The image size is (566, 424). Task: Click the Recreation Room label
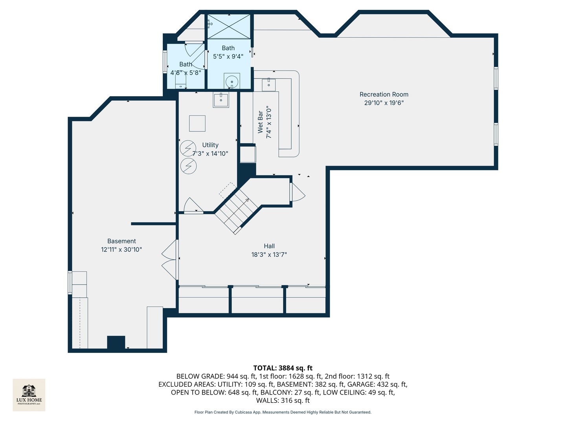(x=384, y=94)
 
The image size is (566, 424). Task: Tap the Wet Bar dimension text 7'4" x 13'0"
(x=269, y=122)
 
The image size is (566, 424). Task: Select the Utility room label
(x=210, y=145)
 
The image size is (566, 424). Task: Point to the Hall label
(x=269, y=246)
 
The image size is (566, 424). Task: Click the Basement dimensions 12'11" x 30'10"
(x=121, y=249)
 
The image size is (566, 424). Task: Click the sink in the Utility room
(x=221, y=100)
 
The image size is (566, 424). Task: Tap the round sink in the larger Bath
(x=232, y=81)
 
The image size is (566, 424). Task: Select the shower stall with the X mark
(x=229, y=27)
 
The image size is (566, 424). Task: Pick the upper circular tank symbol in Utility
(x=188, y=148)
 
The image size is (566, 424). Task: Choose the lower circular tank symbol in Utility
(x=188, y=166)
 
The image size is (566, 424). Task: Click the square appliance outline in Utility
(x=197, y=123)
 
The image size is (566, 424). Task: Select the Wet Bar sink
(x=268, y=84)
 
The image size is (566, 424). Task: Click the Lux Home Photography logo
(x=29, y=395)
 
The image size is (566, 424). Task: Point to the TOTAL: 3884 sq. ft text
(x=283, y=368)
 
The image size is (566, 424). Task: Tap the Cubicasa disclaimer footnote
(x=283, y=412)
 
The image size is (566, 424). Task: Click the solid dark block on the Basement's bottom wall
(x=116, y=342)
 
